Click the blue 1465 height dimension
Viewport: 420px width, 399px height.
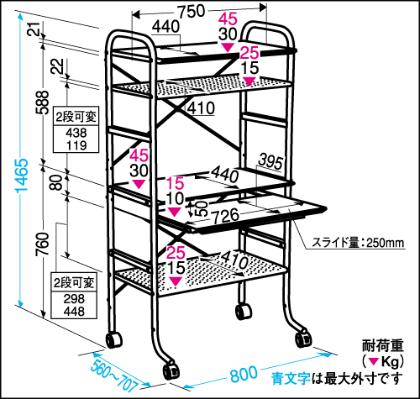tap(22, 176)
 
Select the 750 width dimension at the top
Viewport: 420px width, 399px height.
tap(192, 12)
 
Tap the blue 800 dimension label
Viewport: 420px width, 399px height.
tap(244, 375)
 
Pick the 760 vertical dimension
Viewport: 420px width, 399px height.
tap(42, 244)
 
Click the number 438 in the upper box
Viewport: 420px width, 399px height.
tap(76, 133)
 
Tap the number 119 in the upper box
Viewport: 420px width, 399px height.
tap(76, 145)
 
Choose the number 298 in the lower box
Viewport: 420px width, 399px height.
tap(74, 299)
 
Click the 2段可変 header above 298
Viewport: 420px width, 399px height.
tap(74, 283)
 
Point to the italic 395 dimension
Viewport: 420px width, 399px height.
tap(270, 161)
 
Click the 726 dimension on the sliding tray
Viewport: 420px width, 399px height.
tap(225, 216)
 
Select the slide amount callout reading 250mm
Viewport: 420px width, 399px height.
tap(358, 243)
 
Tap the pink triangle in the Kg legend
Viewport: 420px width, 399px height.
tap(374, 361)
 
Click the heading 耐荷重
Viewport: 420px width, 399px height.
tap(383, 345)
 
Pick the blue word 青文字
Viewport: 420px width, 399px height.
tap(291, 378)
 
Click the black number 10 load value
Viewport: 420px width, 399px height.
tap(175, 198)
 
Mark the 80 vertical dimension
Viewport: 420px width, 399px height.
tap(56, 182)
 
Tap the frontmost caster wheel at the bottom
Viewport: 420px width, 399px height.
tap(171, 371)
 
